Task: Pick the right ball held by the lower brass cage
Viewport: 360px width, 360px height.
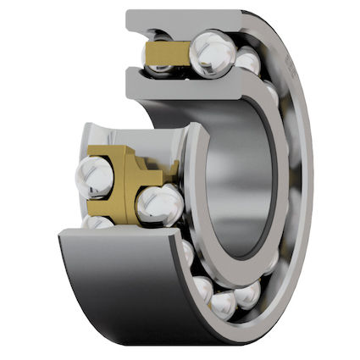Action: [159, 205]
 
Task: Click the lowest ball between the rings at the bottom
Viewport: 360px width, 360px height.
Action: [224, 304]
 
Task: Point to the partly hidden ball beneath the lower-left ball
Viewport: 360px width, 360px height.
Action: [99, 222]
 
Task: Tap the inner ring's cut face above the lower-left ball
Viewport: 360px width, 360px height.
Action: [106, 136]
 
